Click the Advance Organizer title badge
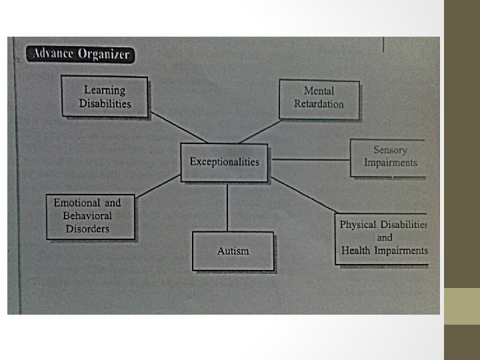tap(80, 55)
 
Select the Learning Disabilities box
tap(105, 97)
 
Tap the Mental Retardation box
tap(319, 98)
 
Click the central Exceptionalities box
tap(225, 162)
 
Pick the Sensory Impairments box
tap(389, 157)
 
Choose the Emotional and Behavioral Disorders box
tap(90, 216)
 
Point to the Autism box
tap(233, 251)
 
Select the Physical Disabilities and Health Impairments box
tap(382, 238)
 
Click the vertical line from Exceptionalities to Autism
tap(228, 207)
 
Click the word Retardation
tap(319, 104)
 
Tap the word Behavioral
tap(87, 216)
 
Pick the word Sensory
tap(390, 151)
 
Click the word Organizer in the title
tap(105, 55)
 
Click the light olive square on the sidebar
tap(462, 306)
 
